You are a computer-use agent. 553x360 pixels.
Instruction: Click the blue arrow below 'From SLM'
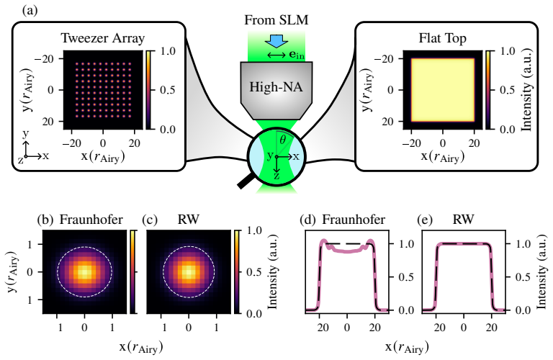point(276,41)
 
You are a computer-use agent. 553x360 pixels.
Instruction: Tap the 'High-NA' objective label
point(276,86)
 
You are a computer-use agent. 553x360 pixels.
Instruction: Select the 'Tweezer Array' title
point(103,38)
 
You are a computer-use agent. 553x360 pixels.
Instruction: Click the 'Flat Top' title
point(443,38)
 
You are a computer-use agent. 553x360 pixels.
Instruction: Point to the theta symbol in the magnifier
point(282,140)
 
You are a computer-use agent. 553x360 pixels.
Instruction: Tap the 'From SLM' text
point(276,19)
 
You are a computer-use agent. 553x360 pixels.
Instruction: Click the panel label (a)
point(30,10)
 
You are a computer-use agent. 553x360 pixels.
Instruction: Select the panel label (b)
point(45,220)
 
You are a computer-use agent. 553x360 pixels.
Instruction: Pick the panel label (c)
point(150,220)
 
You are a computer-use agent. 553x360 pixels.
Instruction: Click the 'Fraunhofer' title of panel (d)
point(354,220)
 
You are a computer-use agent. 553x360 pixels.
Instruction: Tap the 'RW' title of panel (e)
point(464,220)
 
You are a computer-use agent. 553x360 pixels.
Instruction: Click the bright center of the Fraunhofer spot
point(84,272)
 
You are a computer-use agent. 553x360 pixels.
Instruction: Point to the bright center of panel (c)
point(189,272)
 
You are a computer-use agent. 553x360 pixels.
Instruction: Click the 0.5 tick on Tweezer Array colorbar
point(168,90)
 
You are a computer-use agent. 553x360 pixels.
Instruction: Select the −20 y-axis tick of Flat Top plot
point(388,58)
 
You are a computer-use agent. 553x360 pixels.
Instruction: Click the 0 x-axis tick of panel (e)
point(464,328)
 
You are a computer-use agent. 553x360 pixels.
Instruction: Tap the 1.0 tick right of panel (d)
point(406,243)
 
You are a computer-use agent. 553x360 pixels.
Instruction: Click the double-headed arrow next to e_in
point(276,55)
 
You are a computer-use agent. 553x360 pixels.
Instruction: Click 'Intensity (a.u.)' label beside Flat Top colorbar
point(526,90)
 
